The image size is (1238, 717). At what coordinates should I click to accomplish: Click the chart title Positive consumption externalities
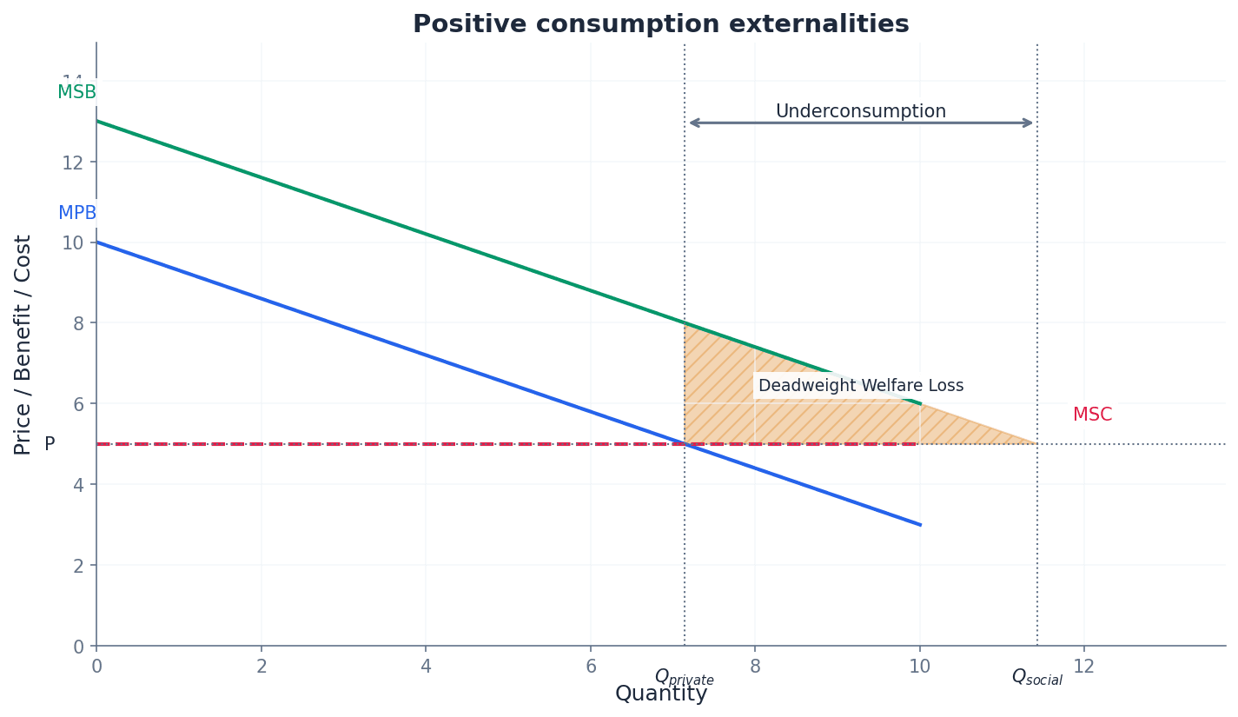pyautogui.click(x=660, y=24)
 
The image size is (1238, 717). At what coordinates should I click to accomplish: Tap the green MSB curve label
pyautogui.click(x=76, y=92)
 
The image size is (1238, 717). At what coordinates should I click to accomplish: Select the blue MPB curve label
pyautogui.click(x=77, y=213)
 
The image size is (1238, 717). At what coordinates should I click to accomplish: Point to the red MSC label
pyautogui.click(x=1092, y=415)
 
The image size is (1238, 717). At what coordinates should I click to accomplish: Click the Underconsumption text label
pyautogui.click(x=860, y=111)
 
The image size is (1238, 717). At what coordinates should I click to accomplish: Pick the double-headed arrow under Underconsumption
pyautogui.click(x=860, y=123)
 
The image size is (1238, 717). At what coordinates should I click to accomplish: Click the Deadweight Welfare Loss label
pyautogui.click(x=860, y=386)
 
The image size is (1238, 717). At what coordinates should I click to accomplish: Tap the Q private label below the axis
pyautogui.click(x=684, y=677)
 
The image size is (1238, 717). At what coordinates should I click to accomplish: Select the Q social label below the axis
pyautogui.click(x=1036, y=677)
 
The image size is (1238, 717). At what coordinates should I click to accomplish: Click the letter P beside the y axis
pyautogui.click(x=50, y=444)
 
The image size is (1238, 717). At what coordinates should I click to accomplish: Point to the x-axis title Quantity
pyautogui.click(x=660, y=694)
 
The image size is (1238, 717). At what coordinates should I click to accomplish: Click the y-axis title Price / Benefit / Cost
pyautogui.click(x=23, y=344)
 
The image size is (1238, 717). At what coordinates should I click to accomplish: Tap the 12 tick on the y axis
pyautogui.click(x=78, y=163)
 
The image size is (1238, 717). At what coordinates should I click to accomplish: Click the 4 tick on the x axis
pyautogui.click(x=426, y=667)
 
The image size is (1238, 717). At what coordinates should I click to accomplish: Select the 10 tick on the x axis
pyautogui.click(x=919, y=667)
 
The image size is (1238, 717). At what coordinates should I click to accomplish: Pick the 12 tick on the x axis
pyautogui.click(x=1083, y=667)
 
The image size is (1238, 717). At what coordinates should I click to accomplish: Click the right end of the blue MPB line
pyautogui.click(x=919, y=524)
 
